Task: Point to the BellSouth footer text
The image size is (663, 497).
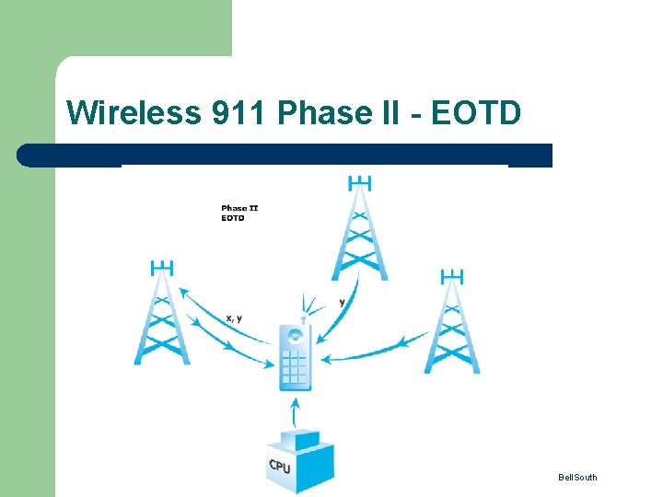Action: click(577, 477)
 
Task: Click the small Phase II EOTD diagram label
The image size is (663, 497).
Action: click(239, 214)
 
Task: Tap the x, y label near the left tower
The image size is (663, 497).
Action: click(234, 318)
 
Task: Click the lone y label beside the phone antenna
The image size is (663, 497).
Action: click(343, 302)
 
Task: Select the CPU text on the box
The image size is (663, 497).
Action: click(280, 467)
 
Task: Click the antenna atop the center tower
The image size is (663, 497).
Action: click(360, 181)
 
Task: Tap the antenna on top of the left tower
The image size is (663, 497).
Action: click(162, 268)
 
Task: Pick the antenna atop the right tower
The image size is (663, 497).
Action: click(451, 276)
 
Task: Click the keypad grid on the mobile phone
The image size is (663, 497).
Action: click(295, 367)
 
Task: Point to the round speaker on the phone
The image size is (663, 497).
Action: click(296, 337)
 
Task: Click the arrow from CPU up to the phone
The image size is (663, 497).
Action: click(295, 411)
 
